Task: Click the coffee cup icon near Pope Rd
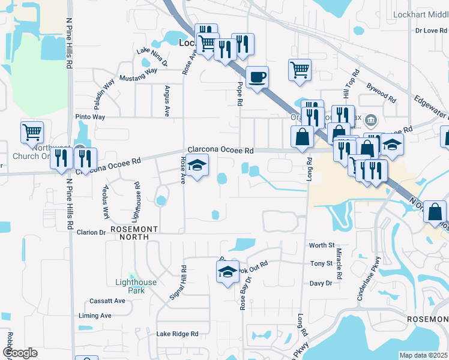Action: (257, 77)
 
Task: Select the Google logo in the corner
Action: (19, 353)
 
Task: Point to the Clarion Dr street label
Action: (91, 232)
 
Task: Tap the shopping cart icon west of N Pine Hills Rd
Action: (31, 132)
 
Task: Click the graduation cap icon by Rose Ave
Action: (196, 165)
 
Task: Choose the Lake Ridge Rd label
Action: (177, 334)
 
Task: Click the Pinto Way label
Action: (90, 117)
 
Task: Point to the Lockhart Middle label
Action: (420, 14)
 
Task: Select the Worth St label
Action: (322, 245)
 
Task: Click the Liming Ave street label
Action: (95, 316)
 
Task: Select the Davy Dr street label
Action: (321, 283)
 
